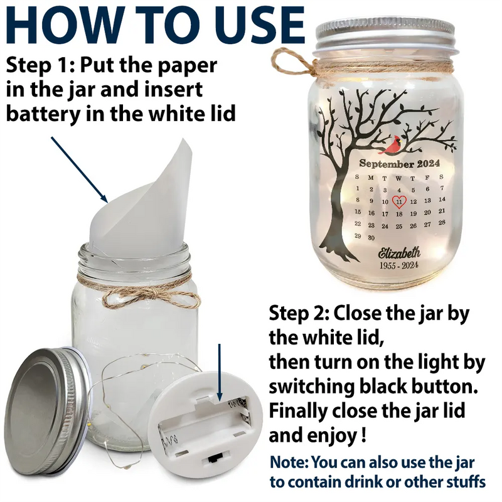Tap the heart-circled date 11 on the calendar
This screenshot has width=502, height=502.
pyautogui.click(x=399, y=201)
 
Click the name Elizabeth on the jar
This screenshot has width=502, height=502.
pyautogui.click(x=399, y=253)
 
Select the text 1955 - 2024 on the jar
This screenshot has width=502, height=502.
pyautogui.click(x=399, y=266)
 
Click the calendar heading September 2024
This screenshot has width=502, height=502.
pyautogui.click(x=399, y=164)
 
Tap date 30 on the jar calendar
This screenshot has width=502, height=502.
pyautogui.click(x=371, y=237)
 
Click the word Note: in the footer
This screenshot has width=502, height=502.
pyautogui.click(x=289, y=463)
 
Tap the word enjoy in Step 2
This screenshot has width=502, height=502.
pyautogui.click(x=333, y=434)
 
